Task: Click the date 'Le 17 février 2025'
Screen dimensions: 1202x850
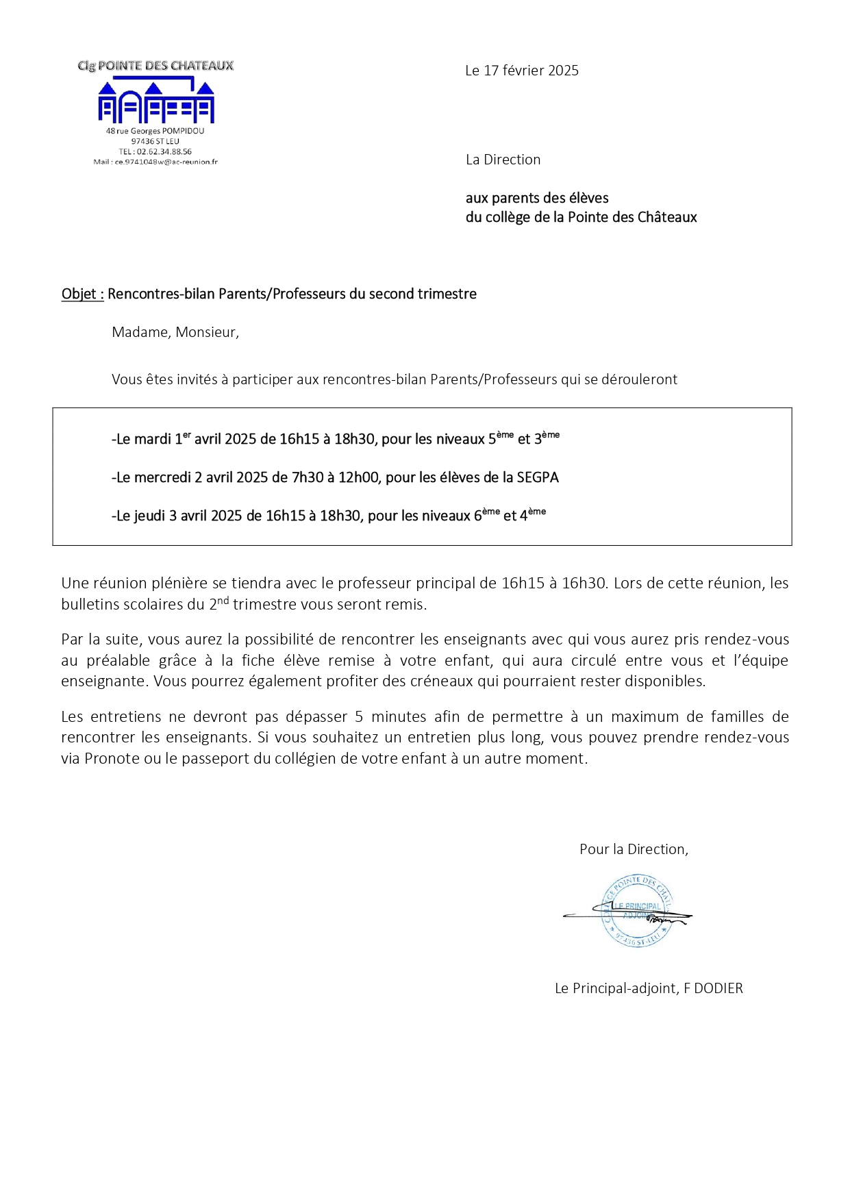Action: [x=521, y=71]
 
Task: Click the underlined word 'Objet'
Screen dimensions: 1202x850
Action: [x=79, y=295]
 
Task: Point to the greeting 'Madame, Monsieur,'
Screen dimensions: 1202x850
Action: [x=175, y=333]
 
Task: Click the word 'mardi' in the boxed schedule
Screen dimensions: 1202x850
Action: [x=153, y=440]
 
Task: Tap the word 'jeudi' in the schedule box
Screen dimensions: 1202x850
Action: [x=149, y=516]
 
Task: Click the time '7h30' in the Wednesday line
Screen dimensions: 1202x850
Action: [x=308, y=478]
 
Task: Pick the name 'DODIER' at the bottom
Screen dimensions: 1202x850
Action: [x=718, y=988]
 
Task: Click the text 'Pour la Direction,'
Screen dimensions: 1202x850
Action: [x=634, y=850]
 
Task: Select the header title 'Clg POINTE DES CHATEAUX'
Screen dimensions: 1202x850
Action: [x=155, y=66]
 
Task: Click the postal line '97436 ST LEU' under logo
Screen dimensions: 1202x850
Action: [x=155, y=142]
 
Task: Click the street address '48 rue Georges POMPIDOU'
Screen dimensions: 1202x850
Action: [x=155, y=131]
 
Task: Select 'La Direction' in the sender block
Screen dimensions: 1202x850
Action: [x=503, y=160]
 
